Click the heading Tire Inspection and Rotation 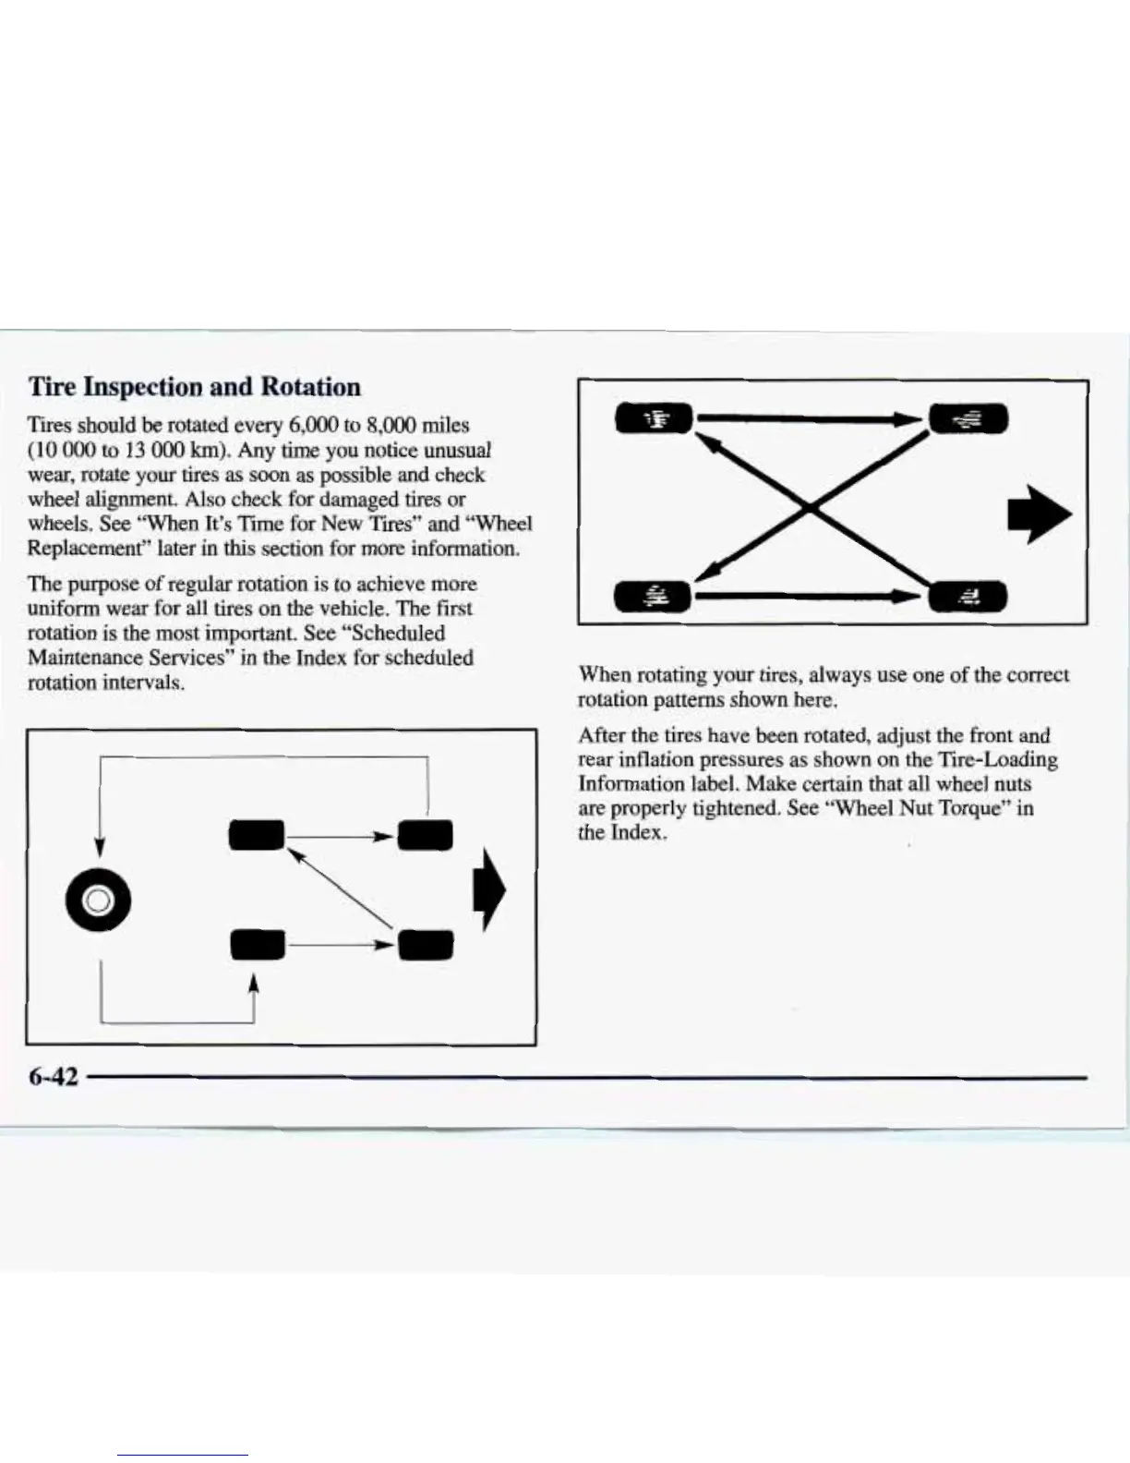point(195,386)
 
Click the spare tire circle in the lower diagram point(99,900)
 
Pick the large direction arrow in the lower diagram point(490,890)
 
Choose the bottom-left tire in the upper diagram point(654,597)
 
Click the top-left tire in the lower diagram point(258,835)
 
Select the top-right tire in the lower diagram point(426,835)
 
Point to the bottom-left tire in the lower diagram point(258,944)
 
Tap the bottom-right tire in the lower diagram point(426,944)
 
